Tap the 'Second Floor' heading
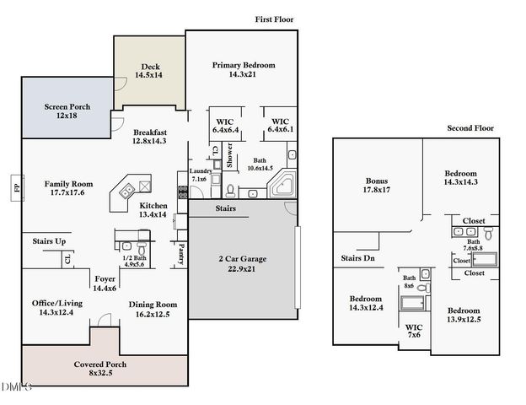[470, 128]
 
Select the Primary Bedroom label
[244, 65]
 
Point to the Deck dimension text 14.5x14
[149, 76]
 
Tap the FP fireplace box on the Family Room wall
[16, 185]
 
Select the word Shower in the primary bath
[228, 157]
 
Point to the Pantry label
[180, 252]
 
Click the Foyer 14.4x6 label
[105, 283]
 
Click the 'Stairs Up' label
[49, 241]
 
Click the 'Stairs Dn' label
[358, 257]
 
